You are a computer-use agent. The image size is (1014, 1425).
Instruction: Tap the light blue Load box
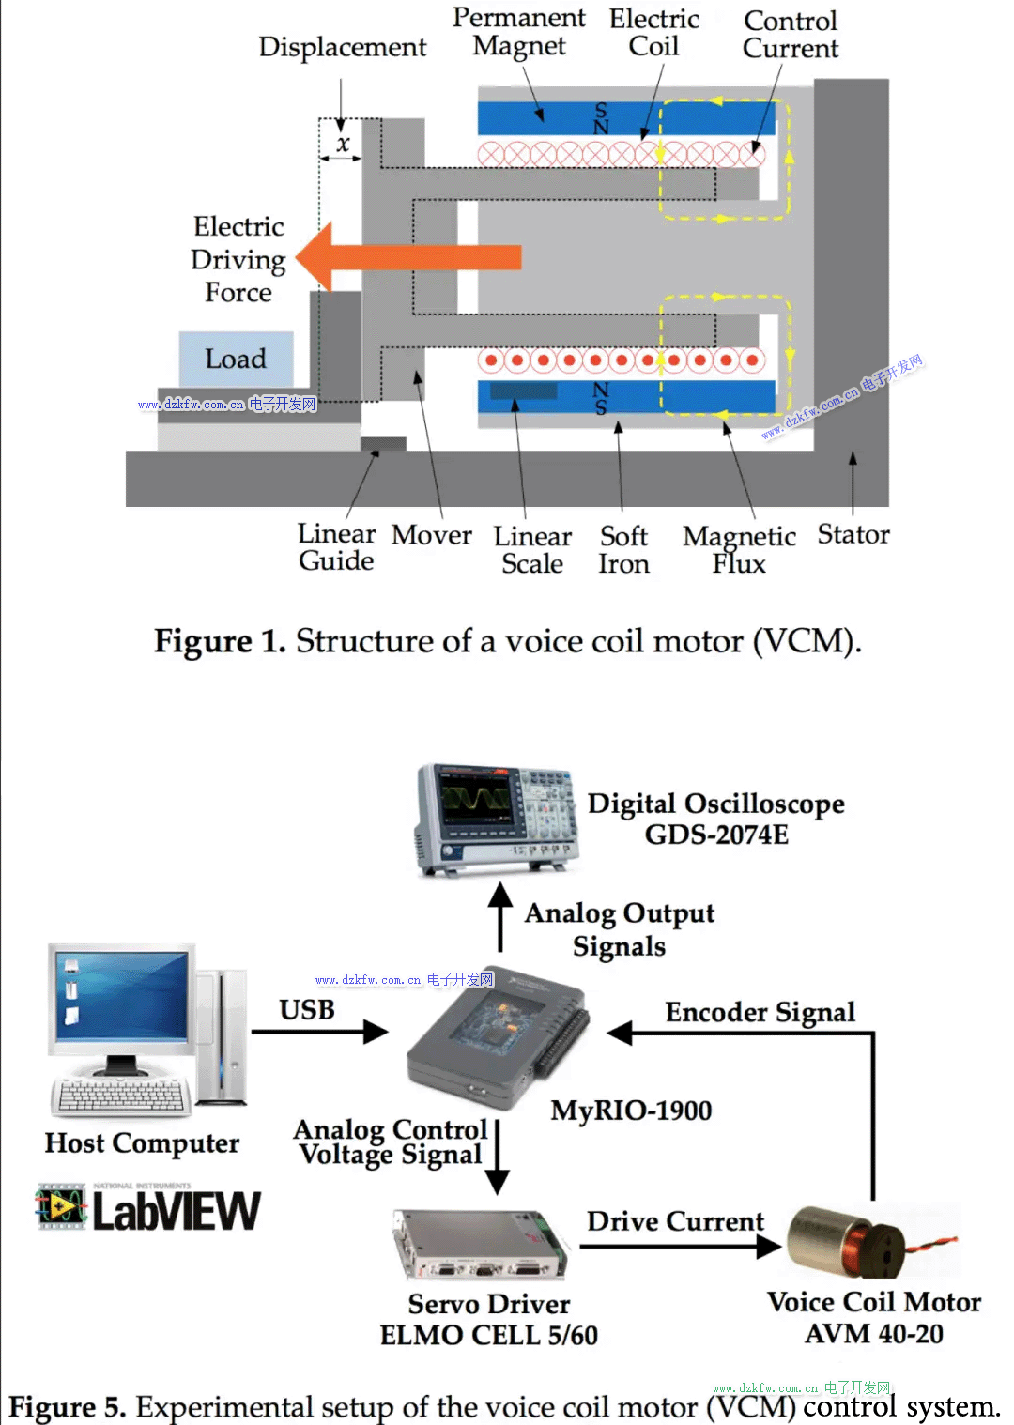coord(236,359)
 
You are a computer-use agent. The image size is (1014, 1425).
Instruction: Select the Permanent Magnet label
coord(518,32)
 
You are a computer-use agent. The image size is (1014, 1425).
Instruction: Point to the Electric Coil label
coord(653,33)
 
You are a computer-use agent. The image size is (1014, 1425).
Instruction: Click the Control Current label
coord(790,35)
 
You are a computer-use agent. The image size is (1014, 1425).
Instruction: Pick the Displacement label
coord(342,47)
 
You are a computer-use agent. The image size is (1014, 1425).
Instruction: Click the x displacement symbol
coord(343,144)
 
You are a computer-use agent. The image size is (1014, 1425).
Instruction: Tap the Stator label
coord(853,534)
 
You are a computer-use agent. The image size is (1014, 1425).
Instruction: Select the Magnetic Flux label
coord(739,549)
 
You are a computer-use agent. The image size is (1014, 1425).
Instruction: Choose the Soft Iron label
coord(623,549)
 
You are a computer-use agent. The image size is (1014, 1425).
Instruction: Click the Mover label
coord(431,535)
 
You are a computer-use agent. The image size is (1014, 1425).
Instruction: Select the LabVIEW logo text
coord(176,1211)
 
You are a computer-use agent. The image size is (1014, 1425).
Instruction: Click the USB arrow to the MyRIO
coord(319,1032)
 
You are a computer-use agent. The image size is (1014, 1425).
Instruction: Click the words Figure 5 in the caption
coord(66,1407)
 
